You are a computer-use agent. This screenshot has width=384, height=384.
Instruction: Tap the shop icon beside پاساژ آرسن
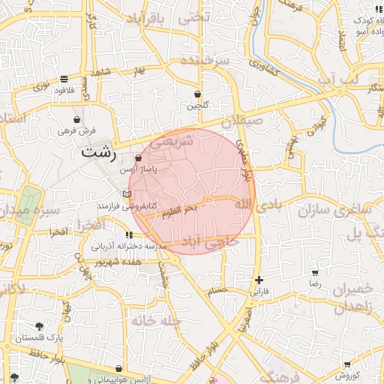[x=137, y=159]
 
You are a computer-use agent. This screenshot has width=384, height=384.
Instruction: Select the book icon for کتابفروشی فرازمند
[x=127, y=194]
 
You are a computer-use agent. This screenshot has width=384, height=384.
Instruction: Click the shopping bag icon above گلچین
[x=197, y=94]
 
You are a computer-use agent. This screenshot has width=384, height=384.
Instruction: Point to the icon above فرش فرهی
[x=77, y=119]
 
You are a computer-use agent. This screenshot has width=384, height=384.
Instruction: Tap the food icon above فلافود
[x=64, y=79]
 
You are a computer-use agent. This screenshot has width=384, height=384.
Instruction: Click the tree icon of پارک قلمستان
[x=39, y=326]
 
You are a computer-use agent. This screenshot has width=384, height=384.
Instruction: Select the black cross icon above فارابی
[x=259, y=280]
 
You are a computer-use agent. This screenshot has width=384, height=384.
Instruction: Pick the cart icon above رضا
[x=315, y=273]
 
